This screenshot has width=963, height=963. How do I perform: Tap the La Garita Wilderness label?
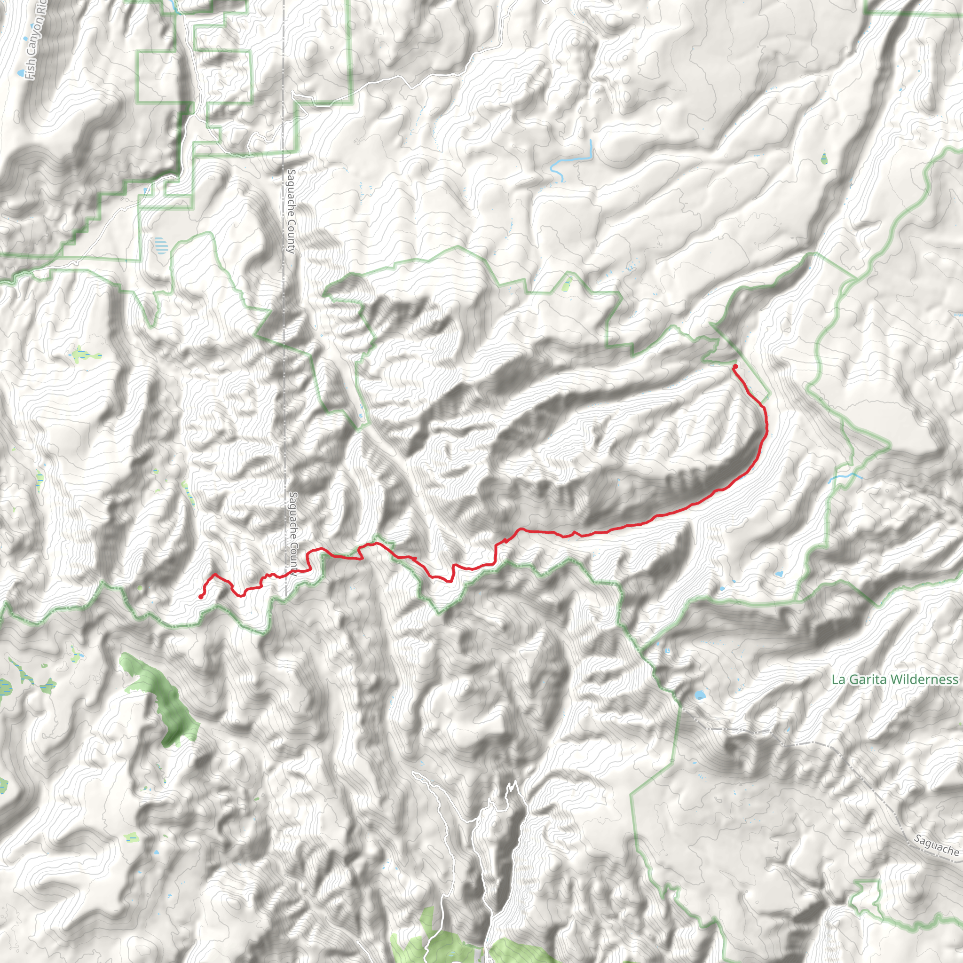point(895,679)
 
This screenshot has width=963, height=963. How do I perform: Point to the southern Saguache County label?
point(293,533)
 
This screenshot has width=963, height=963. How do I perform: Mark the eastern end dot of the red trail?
point(735,367)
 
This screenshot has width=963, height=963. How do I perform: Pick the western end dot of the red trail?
point(201,597)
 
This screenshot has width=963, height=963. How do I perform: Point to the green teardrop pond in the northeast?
point(823,158)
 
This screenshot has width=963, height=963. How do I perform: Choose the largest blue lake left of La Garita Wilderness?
point(700,695)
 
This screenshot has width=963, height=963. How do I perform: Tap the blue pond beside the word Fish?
point(20,74)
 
